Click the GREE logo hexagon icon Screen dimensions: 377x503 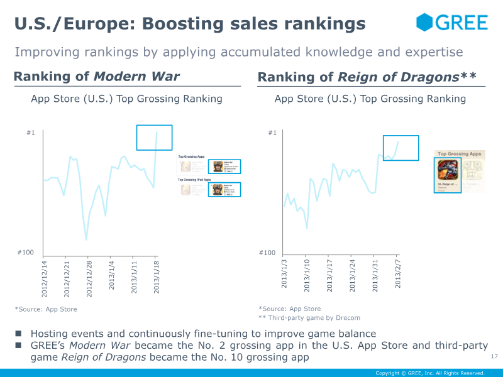[x=426, y=23]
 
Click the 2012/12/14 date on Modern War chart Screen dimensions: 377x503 [x=45, y=276]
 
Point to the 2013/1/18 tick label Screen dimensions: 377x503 [x=157, y=275]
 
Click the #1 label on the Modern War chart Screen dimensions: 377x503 [x=31, y=133]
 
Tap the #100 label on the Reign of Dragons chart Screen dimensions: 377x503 [x=267, y=253]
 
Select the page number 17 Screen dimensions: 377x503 [x=494, y=357]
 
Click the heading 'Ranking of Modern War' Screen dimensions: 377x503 [x=96, y=77]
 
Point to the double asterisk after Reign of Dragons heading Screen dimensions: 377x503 [x=468, y=77]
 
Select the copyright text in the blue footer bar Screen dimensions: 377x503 [x=429, y=373]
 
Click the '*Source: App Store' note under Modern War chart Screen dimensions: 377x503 [x=46, y=309]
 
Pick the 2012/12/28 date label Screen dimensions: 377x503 [x=89, y=276]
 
